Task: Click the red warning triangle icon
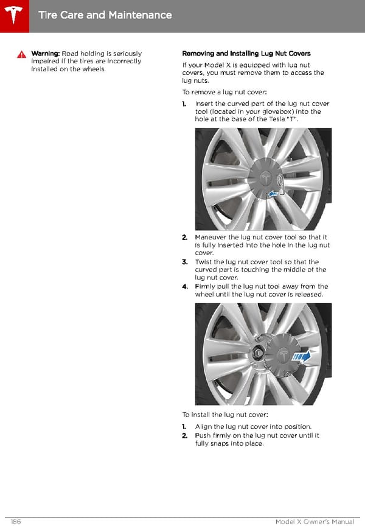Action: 21,54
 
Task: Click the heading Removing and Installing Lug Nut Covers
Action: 246,54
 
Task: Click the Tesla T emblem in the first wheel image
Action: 265,178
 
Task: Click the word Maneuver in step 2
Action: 210,237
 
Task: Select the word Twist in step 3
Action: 203,262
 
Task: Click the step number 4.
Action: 184,286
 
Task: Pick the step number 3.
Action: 184,262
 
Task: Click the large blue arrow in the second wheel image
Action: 302,357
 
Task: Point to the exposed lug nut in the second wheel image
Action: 257,353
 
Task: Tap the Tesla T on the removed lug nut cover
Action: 283,354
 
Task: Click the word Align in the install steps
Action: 203,426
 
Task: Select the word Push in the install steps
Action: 203,435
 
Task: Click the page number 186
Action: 16,522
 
